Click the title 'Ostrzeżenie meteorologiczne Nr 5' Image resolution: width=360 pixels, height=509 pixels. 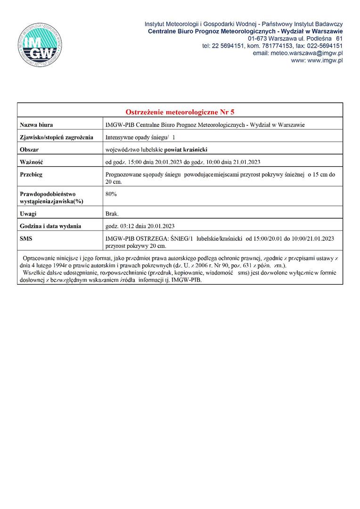180,112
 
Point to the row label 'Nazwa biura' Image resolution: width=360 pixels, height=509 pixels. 36,125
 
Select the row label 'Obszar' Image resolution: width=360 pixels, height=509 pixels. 29,149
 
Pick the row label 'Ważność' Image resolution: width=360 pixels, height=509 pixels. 31,162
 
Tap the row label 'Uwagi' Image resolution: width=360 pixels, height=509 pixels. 28,214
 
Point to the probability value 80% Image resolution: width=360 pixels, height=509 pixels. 111,194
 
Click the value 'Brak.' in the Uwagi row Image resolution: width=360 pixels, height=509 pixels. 112,214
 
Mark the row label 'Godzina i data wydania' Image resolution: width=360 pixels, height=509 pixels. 50,226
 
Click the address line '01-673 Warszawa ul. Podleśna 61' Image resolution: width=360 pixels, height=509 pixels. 295,38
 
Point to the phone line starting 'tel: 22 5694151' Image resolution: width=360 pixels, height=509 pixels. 272,46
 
